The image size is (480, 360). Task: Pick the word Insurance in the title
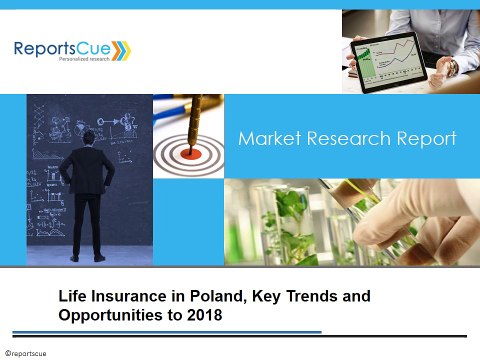click(130, 297)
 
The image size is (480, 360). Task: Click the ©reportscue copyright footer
click(26, 354)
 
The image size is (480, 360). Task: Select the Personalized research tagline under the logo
click(63, 63)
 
